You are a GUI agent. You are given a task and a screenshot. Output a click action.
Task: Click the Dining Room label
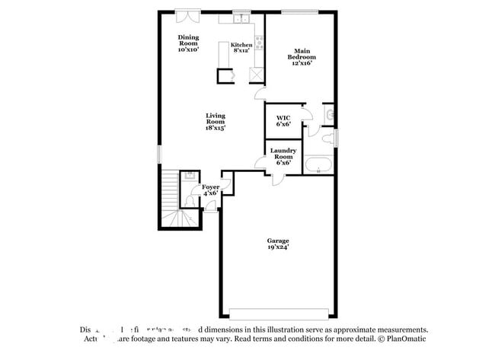coord(188,43)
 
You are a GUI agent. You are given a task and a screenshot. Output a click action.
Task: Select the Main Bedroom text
coord(300,57)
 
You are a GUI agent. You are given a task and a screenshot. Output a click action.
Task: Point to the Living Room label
coord(215,122)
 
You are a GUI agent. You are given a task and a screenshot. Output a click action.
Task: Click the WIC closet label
coord(283,122)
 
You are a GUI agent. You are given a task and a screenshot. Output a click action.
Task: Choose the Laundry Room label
coord(283,156)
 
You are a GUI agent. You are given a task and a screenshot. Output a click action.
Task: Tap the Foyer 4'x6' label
coord(210,190)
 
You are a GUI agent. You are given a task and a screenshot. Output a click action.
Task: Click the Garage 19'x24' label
coord(278,244)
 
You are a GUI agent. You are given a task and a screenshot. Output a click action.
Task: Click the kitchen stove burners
coord(259,42)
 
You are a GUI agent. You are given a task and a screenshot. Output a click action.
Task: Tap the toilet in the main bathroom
coord(327,138)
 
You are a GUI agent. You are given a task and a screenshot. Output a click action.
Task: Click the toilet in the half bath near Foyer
coord(189,200)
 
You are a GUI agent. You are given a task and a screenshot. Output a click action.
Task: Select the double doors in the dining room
coord(187,14)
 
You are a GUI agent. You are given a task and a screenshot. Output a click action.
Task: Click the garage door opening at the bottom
coord(278,313)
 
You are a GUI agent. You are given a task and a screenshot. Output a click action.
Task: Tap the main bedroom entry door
coord(260,94)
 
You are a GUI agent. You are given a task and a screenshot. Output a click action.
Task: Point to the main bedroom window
coord(300,11)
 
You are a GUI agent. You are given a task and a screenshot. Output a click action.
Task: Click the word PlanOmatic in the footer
coord(404,339)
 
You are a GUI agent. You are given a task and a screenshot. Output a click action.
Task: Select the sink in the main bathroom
coord(328,115)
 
